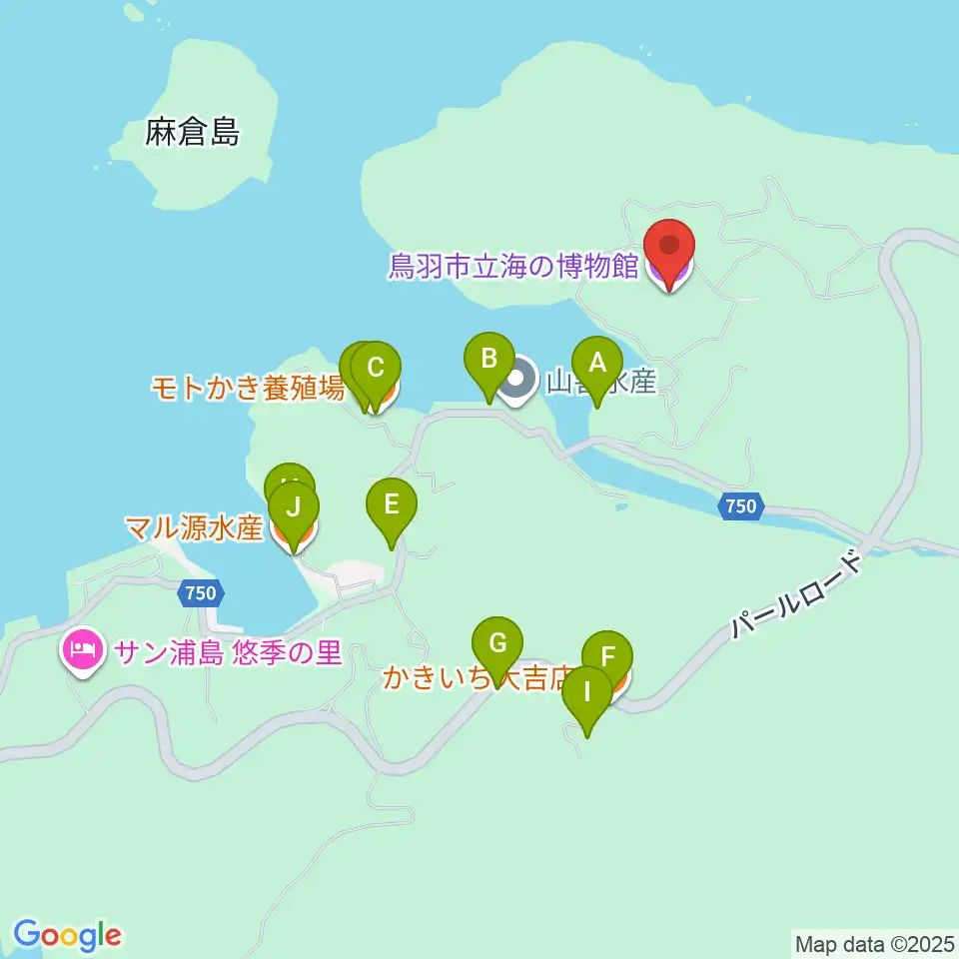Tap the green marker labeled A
point(597,366)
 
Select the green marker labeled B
point(489,360)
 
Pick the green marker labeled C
point(376,369)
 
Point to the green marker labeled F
point(606,658)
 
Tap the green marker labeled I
point(587,692)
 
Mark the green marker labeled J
point(293,508)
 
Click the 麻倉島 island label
point(193,133)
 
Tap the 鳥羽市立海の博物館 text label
point(513,268)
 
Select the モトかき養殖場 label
point(248,388)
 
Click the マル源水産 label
point(194,528)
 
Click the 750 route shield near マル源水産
point(200,593)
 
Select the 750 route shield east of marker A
point(740,506)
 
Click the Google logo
point(68,935)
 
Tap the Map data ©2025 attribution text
point(874,942)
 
